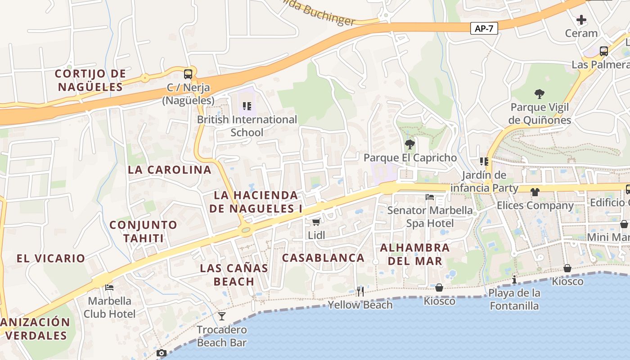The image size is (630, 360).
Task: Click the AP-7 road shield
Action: [484, 29]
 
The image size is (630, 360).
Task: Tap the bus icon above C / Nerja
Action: [188, 74]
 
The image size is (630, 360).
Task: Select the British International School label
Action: [247, 126]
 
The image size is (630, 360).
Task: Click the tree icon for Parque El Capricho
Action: [409, 144]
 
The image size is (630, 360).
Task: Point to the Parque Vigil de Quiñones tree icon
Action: [539, 94]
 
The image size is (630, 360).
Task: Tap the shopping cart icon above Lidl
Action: [316, 222]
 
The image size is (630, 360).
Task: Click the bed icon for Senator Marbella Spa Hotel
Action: [430, 197]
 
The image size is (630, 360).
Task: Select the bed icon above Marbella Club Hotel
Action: [109, 288]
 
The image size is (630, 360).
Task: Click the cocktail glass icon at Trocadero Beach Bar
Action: [221, 316]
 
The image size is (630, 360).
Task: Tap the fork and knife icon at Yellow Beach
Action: [360, 291]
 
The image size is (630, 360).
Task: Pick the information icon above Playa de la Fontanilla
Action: [514, 280]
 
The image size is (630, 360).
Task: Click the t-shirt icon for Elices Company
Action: [535, 192]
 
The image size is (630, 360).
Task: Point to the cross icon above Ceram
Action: [581, 20]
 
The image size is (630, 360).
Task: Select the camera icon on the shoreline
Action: [162, 353]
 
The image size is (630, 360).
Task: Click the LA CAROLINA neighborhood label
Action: [170, 170]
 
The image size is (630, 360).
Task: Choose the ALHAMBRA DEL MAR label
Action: [414, 254]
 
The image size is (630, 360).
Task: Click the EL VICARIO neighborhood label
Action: [51, 258]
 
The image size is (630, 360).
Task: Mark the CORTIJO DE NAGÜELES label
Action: [90, 80]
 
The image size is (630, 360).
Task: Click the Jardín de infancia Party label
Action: [484, 181]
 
